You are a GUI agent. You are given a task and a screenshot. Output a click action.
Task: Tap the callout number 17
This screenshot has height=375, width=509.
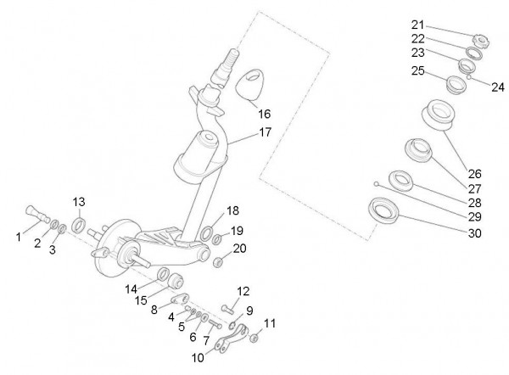[x=265, y=132]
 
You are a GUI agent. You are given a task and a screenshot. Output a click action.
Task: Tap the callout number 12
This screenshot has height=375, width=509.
[x=243, y=292]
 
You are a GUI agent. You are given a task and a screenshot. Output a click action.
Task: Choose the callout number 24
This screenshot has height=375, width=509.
[x=498, y=86]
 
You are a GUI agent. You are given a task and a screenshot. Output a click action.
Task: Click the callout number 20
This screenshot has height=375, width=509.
[x=240, y=248]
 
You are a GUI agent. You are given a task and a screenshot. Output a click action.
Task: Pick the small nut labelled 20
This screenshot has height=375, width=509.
[x=217, y=261]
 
